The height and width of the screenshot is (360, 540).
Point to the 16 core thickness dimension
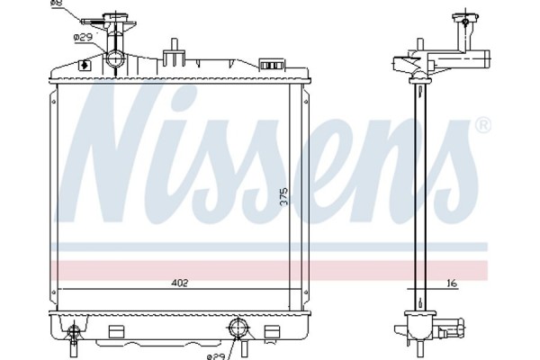coord(453,284)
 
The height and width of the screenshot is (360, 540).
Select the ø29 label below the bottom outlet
coord(216,355)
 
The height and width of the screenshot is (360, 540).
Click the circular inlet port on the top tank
coord(116,60)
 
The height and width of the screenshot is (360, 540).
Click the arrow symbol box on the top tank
coord(84,64)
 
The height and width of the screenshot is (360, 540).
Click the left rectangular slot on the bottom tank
coord(115,330)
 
